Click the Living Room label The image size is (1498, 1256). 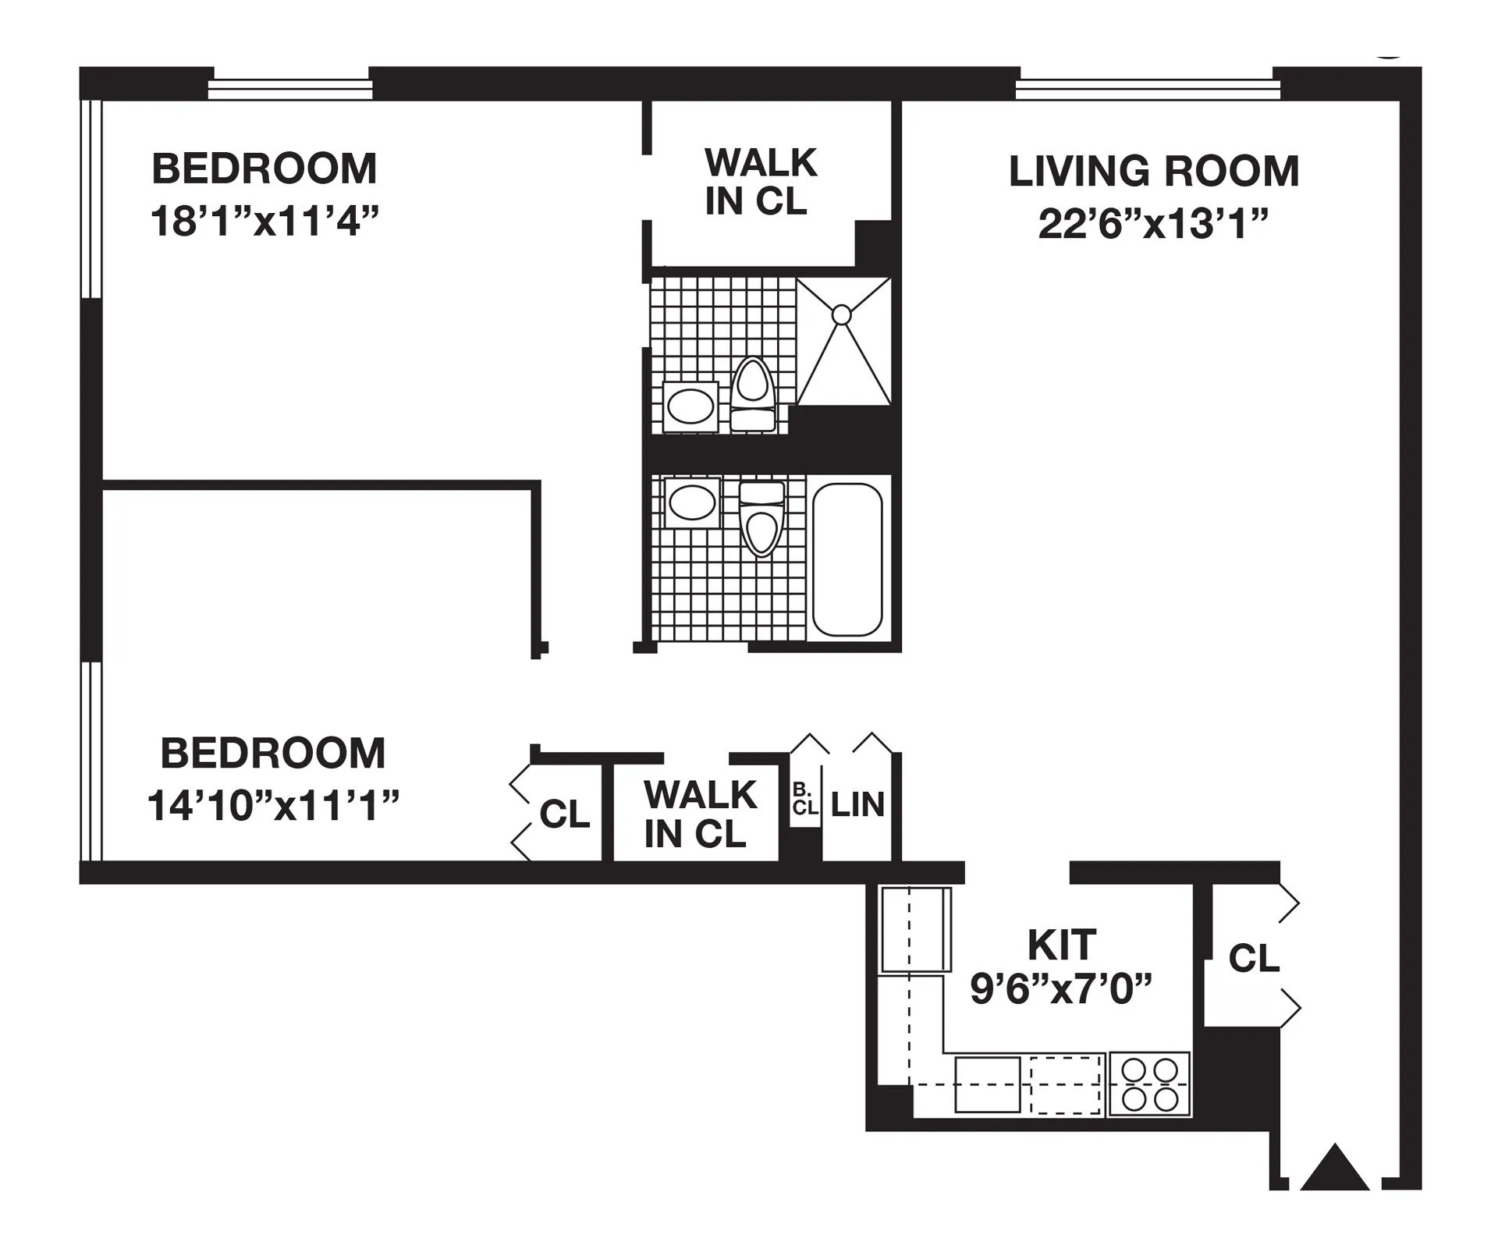[x=1153, y=172]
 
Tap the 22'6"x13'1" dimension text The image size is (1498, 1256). [x=1153, y=225]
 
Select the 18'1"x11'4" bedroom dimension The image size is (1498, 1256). [x=264, y=222]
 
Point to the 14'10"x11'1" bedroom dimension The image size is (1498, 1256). [x=273, y=805]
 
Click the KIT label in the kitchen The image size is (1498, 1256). [x=1062, y=946]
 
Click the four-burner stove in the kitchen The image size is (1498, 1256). [x=1149, y=1084]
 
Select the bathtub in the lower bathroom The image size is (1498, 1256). [x=847, y=559]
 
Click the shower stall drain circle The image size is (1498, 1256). [x=841, y=315]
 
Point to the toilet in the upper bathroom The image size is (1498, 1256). [x=753, y=393]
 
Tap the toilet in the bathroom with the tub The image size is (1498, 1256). [x=761, y=518]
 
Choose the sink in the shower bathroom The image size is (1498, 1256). [x=690, y=406]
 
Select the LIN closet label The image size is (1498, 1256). [x=857, y=805]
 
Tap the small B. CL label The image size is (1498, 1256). [x=804, y=799]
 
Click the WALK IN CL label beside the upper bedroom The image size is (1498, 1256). [x=760, y=182]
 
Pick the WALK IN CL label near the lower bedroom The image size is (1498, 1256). [x=700, y=814]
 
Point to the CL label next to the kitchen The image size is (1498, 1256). [x=1254, y=958]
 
